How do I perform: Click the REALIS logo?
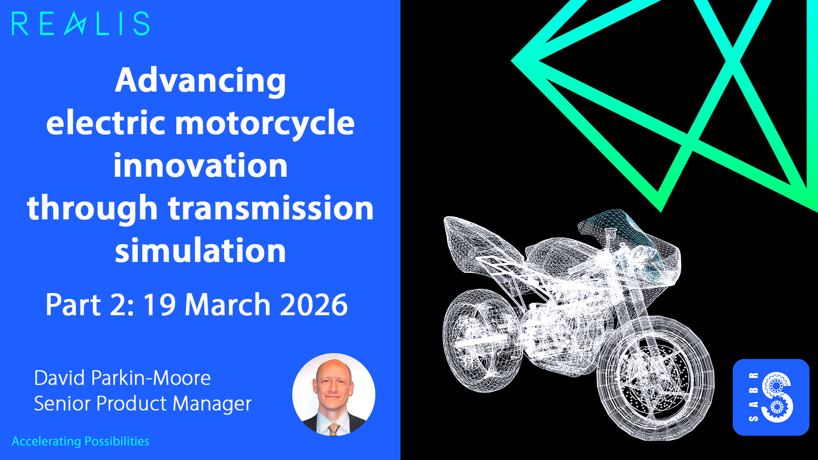81,24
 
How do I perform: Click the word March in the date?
228,305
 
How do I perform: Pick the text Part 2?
89,305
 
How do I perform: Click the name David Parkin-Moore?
122,378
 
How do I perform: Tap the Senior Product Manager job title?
143,403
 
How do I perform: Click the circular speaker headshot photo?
334,394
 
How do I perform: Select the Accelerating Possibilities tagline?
81,441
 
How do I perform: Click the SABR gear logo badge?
771,397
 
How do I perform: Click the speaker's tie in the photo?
333,429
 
